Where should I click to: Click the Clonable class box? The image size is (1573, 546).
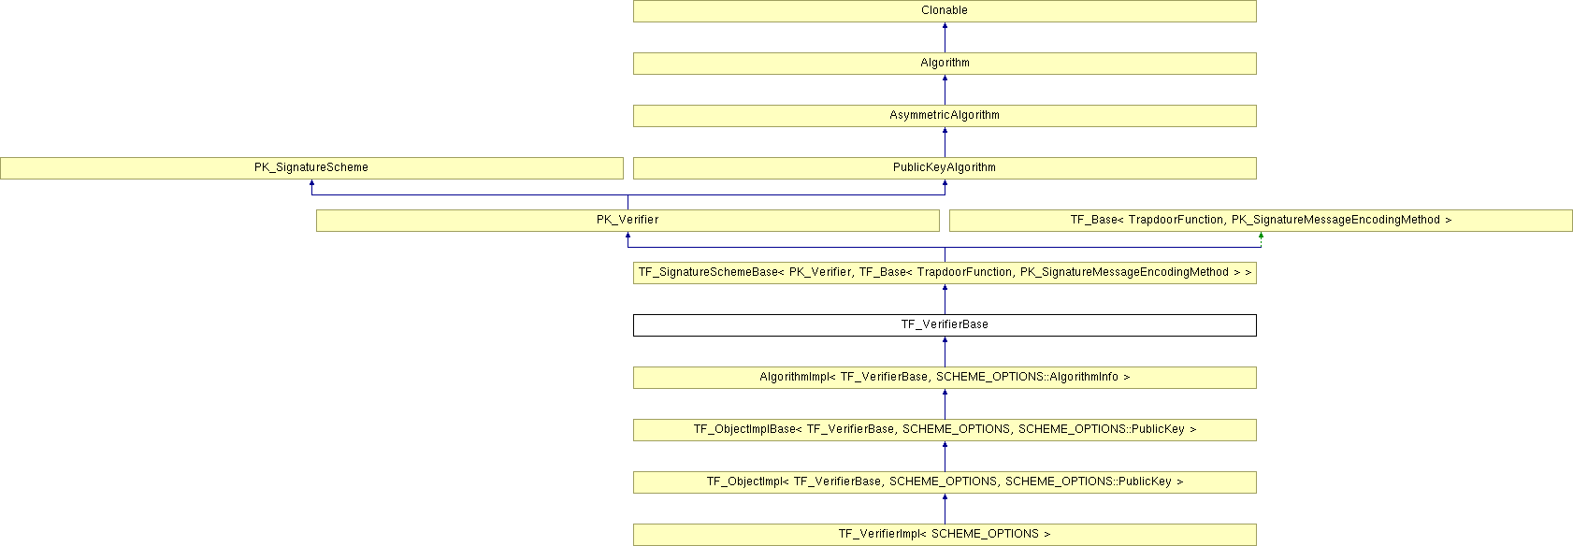[x=944, y=11]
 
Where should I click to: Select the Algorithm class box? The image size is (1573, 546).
[x=944, y=64]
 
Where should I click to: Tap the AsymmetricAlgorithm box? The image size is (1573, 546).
[x=944, y=116]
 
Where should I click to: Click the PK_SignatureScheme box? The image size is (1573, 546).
[x=311, y=168]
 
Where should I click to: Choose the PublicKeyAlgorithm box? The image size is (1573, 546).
[x=944, y=168]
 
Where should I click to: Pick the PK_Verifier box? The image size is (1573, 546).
[x=628, y=221]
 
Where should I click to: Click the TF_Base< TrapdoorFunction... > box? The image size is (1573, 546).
[x=1260, y=221]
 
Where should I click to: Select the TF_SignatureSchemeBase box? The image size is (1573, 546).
[x=944, y=273]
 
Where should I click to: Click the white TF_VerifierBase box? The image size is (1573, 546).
[x=944, y=325]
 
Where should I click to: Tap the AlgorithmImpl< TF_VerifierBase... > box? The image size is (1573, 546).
[x=944, y=378]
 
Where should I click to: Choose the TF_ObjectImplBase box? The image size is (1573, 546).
[x=944, y=430]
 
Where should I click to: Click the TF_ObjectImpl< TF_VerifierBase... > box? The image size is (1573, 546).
[x=944, y=482]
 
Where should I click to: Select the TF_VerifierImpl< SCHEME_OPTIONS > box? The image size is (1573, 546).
[x=944, y=535]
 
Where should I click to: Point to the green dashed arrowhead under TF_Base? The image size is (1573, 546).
[x=1261, y=236]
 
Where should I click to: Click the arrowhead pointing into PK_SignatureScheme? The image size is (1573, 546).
[x=311, y=183]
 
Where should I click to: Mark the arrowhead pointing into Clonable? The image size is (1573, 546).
[x=945, y=26]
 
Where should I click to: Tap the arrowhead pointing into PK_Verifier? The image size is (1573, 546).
[x=628, y=236]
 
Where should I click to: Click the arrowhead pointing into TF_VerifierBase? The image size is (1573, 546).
[x=945, y=340]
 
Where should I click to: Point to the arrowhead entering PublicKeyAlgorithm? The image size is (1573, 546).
[x=945, y=183]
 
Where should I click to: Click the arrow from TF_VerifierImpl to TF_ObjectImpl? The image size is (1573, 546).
[x=945, y=509]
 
